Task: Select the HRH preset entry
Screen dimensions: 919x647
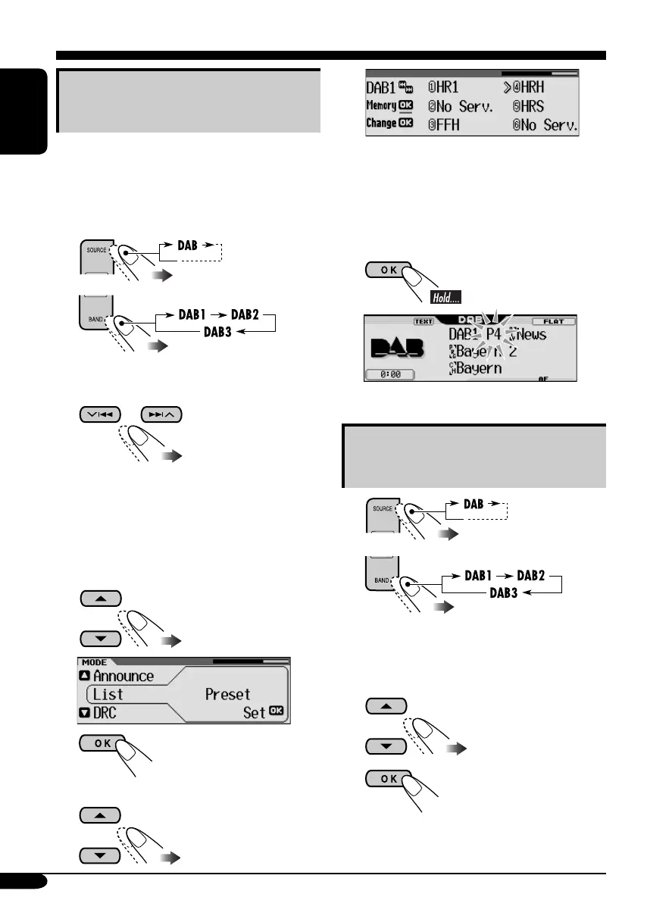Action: [539, 88]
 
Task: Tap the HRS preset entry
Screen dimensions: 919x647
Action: [539, 106]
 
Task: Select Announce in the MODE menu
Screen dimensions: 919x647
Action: [123, 676]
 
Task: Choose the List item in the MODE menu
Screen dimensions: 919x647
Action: [108, 694]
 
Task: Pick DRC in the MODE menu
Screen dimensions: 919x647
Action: [109, 712]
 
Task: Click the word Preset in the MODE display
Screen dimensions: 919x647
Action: [227, 694]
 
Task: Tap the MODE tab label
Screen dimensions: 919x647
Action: [94, 661]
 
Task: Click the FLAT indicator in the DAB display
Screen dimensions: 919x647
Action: [553, 321]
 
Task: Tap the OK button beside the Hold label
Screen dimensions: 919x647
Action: [388, 270]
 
